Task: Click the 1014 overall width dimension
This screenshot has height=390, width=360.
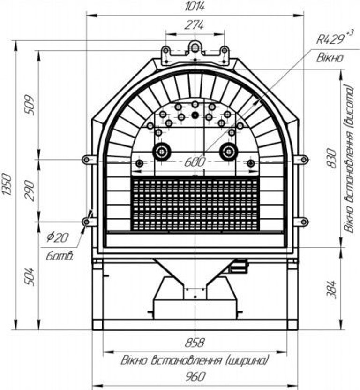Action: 195,6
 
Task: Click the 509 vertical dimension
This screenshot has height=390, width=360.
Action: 30,105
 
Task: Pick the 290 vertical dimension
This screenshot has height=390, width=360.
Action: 30,190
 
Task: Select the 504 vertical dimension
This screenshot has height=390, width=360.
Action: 30,276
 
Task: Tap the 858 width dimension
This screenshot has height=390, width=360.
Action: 195,343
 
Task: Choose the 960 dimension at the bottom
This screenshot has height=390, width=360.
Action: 195,376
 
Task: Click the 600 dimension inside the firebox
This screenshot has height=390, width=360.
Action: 195,162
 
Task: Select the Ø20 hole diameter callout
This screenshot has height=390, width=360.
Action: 57,237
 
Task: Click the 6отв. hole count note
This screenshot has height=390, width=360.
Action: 60,256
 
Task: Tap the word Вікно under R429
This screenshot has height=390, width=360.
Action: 330,58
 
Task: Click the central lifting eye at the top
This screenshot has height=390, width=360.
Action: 195,47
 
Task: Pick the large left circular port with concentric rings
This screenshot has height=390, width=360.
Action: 162,151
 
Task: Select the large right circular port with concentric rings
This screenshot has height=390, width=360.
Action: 229,151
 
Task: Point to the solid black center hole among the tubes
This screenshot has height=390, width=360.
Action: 195,115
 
